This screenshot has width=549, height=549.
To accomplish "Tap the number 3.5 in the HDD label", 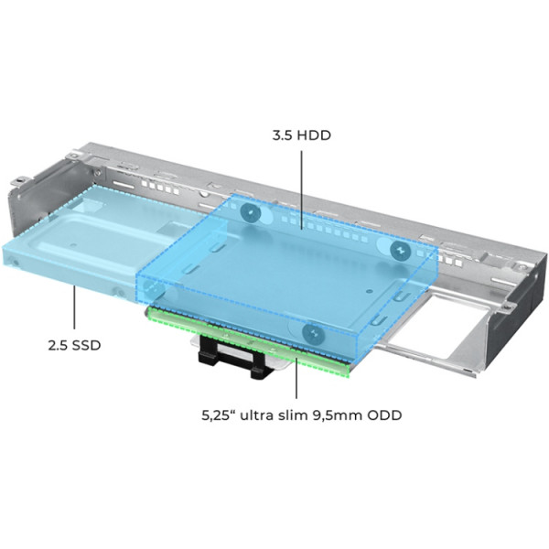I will (x=285, y=135).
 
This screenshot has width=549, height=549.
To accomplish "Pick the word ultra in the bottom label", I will (x=253, y=414).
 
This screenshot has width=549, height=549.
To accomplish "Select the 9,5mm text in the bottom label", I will (x=337, y=414).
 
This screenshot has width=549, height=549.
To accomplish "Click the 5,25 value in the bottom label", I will (x=215, y=414).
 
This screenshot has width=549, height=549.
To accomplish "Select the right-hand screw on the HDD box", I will (x=399, y=249).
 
